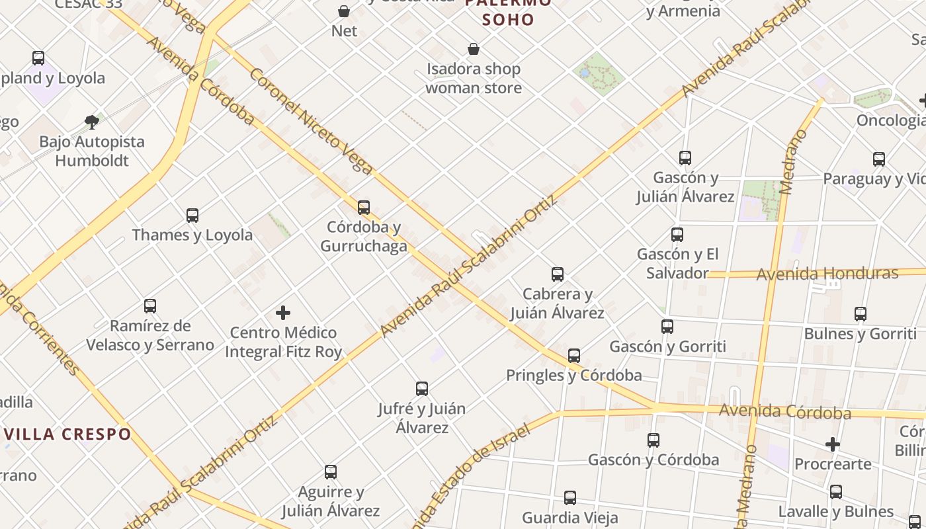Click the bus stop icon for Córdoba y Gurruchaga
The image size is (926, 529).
pos(363,207)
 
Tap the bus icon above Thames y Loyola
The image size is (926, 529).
pos(192,215)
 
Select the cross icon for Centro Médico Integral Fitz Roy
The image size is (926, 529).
pos(283,312)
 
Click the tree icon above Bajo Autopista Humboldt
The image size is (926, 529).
pos(92,122)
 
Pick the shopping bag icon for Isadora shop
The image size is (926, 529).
pos(474,49)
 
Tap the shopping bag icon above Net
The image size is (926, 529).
pos(344,11)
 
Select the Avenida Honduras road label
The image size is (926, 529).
pos(827,273)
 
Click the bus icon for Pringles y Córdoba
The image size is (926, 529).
pos(574,355)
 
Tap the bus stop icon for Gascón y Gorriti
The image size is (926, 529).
pos(667,326)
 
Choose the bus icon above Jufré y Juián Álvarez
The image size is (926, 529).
pos(422,388)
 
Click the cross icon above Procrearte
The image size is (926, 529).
pos(833,444)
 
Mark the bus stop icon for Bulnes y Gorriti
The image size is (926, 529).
pos(861,313)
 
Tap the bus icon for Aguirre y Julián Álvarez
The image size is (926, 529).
pos(331,471)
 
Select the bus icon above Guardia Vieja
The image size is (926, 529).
pos(570,497)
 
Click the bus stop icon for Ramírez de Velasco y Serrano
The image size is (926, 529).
pos(150,305)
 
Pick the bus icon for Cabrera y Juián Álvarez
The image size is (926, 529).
pos(558,274)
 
